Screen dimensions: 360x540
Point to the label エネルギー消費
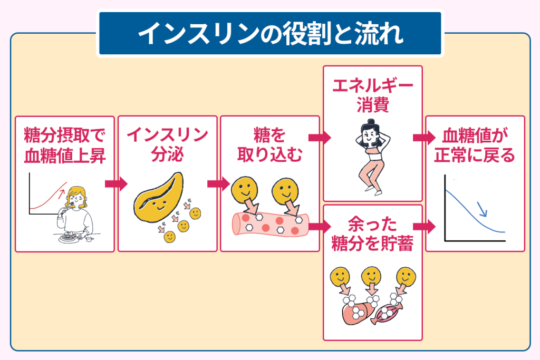[372, 95]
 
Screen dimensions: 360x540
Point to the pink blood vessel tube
[269, 223]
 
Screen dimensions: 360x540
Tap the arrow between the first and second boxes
[116, 184]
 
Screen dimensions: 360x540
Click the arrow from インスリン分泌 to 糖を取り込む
[218, 184]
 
